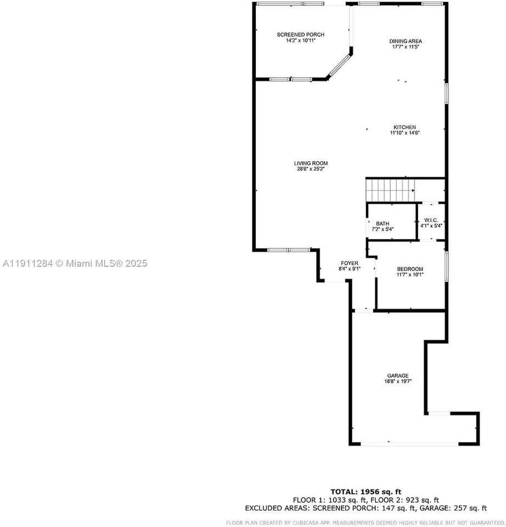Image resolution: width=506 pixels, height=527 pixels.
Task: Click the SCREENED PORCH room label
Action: point(296,35)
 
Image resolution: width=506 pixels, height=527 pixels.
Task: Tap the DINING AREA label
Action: point(406,41)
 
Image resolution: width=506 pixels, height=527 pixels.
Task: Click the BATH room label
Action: point(383,223)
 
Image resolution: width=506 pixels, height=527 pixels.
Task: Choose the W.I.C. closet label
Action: point(431,220)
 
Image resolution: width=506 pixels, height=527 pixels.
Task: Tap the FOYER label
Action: point(349,263)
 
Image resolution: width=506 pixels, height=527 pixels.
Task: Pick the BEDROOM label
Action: point(410,268)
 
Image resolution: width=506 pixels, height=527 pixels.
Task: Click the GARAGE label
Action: point(397,375)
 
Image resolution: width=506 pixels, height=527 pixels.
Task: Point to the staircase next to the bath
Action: point(390,190)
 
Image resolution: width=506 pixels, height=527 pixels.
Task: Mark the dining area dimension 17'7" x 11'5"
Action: point(406,47)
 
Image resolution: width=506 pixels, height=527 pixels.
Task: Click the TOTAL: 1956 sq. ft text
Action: point(366,491)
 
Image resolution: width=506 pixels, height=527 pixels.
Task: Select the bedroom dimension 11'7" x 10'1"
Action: point(410,274)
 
